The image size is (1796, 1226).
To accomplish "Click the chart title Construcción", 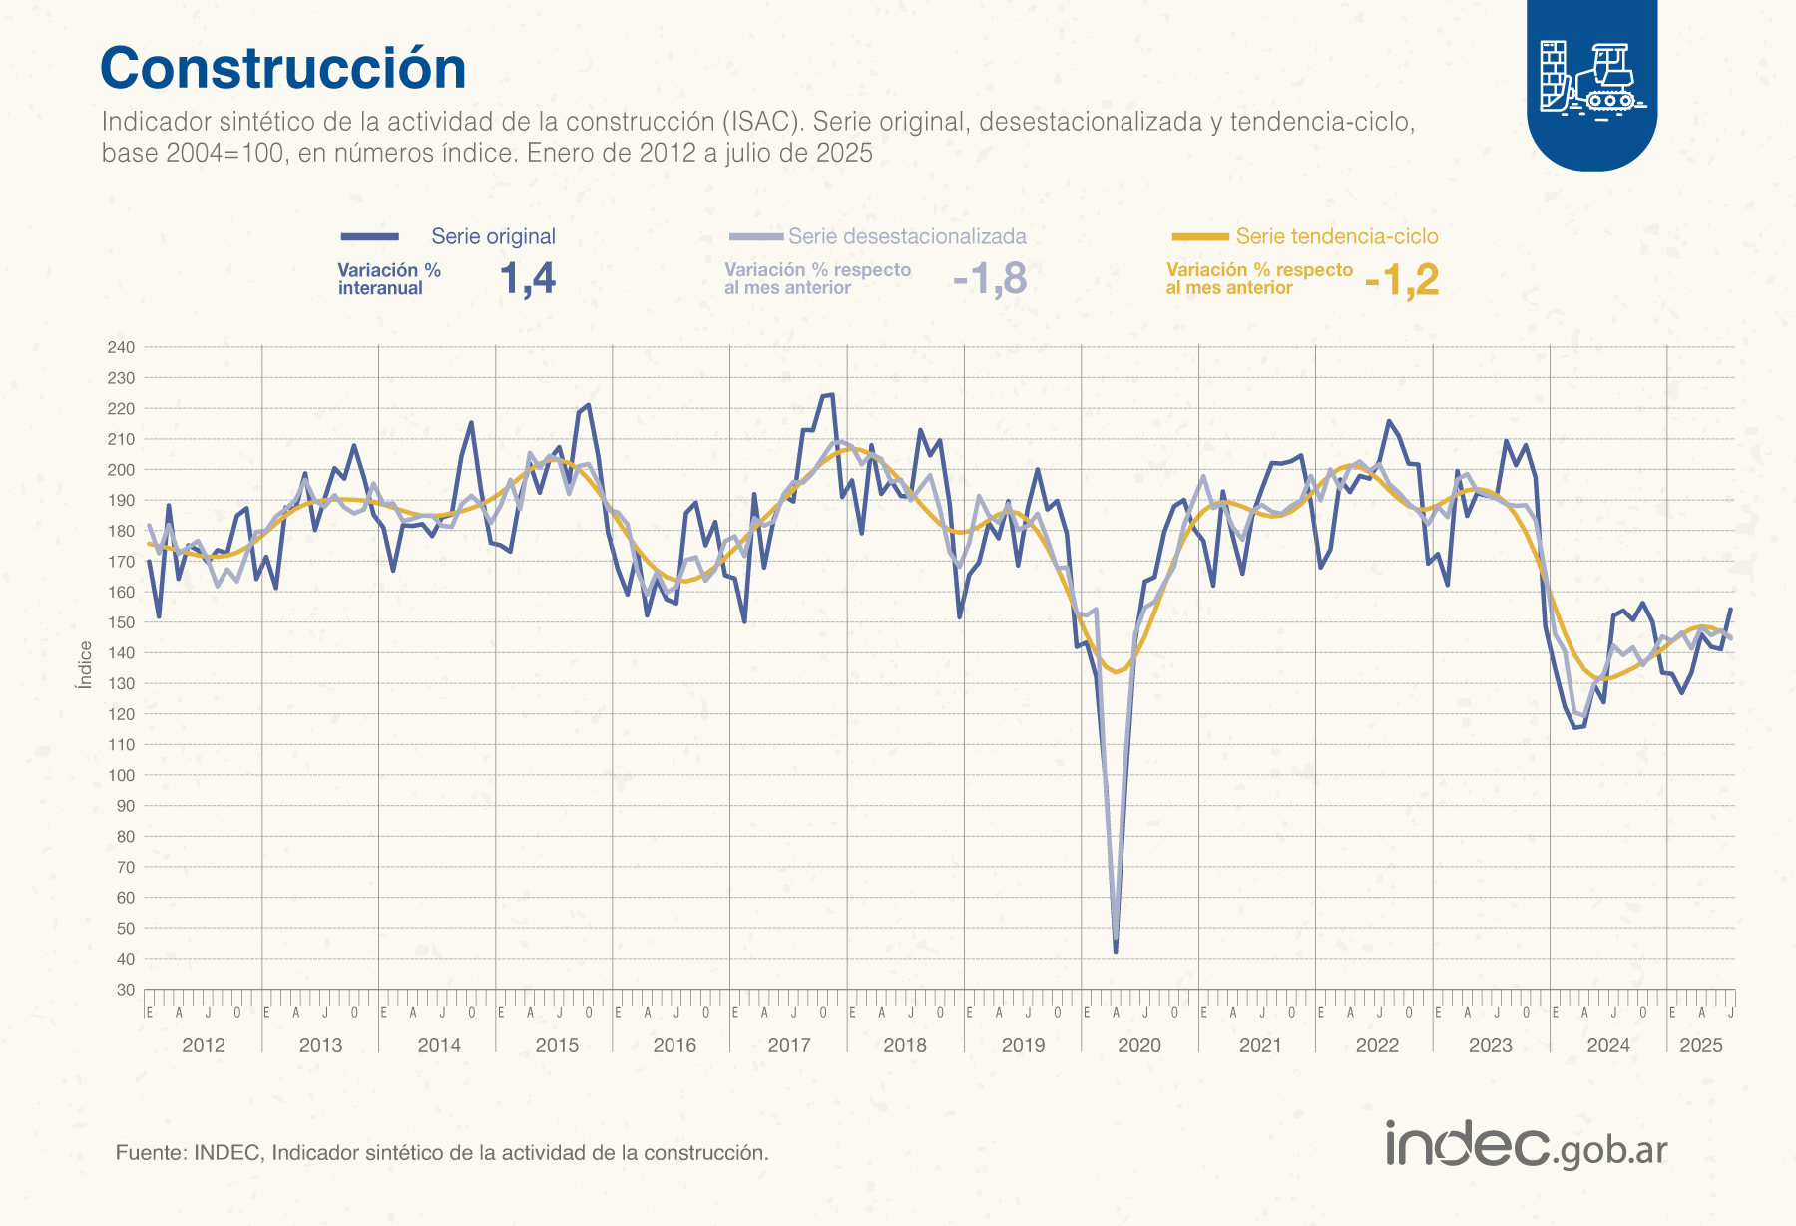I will point(283,69).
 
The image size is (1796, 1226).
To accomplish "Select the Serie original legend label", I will point(493,236).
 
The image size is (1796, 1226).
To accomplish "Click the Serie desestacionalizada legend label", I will point(907,236).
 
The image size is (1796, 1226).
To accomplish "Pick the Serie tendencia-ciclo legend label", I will point(1337,236).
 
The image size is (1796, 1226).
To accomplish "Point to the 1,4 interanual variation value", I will point(528,279).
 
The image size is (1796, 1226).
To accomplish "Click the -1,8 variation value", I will point(990,279).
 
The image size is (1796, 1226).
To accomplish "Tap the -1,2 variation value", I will point(1402,280).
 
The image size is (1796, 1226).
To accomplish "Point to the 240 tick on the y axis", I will point(121,347).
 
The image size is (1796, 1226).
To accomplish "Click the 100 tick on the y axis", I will point(121,775).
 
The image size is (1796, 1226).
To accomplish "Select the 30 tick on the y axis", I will point(125,990).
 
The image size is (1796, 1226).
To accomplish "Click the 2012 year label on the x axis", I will point(203,1045).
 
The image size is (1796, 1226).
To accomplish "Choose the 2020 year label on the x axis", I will point(1139,1045).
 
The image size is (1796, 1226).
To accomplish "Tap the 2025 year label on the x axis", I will point(1700,1045).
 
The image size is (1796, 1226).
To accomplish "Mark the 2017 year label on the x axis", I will point(788,1045).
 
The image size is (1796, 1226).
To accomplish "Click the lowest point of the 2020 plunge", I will point(1116,951).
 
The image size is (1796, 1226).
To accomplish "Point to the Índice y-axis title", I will point(85,664).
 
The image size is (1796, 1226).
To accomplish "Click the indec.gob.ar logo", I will point(1526,1145).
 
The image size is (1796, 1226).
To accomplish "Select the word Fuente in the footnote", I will point(150,1153).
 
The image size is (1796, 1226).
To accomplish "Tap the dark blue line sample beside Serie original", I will point(370,236).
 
